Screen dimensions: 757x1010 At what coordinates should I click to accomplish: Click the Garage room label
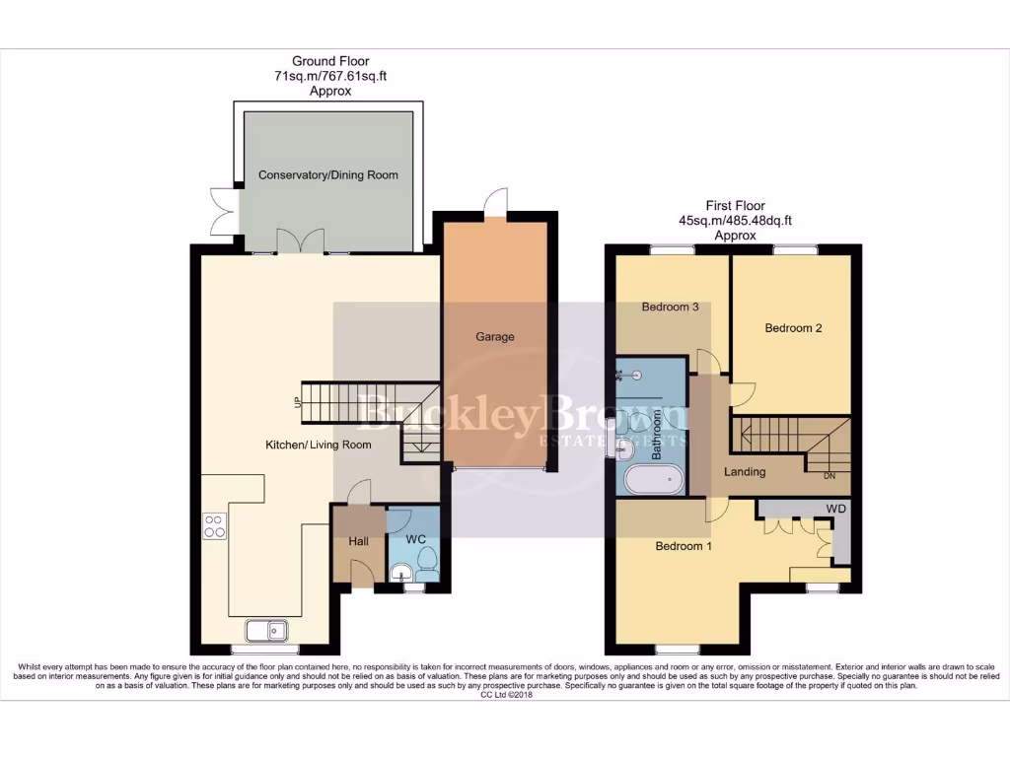tap(494, 337)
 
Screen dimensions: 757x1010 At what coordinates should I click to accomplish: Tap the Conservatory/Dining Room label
tap(327, 175)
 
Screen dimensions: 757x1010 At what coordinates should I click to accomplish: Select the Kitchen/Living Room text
tap(319, 446)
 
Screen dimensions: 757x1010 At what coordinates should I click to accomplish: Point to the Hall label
tap(358, 541)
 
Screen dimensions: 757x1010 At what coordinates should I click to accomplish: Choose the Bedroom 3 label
tap(670, 308)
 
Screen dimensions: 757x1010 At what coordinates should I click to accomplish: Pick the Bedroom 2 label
tap(793, 329)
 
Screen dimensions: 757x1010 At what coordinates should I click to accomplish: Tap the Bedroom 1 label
tap(684, 547)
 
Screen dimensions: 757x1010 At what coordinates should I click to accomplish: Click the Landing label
tap(745, 472)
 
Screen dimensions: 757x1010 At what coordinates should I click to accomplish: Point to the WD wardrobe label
tap(835, 509)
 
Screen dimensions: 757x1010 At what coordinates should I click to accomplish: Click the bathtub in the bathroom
tap(653, 481)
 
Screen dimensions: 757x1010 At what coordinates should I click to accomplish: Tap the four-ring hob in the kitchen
tap(214, 527)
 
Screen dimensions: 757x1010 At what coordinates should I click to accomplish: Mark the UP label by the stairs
tap(296, 402)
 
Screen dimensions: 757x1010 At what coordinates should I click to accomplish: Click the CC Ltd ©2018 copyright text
tap(504, 695)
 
